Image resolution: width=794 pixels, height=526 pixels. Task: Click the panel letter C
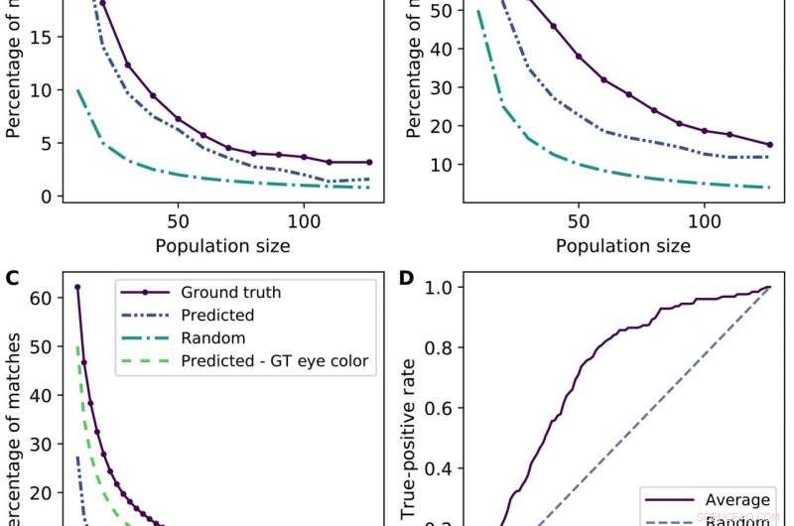12,277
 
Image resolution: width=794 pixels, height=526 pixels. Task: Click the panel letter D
408,277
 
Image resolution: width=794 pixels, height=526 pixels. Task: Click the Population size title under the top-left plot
214,245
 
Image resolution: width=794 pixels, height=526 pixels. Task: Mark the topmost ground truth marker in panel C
77,287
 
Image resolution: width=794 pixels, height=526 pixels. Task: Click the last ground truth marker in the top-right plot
769,145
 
